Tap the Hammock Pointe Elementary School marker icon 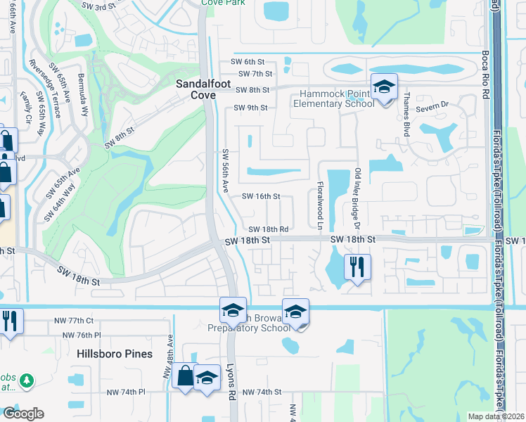pos(384,87)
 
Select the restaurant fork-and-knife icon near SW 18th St pos(357,267)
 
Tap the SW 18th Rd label pos(269,229)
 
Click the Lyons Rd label pos(231,382)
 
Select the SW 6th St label pos(256,61)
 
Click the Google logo pos(23,414)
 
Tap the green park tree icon pos(27,381)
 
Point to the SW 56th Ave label pos(226,172)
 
